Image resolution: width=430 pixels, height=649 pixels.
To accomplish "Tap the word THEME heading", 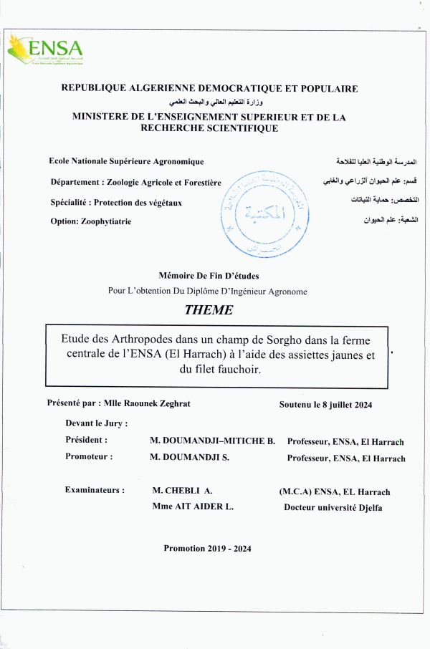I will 209,310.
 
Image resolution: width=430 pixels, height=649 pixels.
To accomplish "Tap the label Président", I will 87,440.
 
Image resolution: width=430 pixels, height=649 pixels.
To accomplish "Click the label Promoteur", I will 88,456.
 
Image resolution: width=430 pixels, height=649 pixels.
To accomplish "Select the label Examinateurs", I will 95,490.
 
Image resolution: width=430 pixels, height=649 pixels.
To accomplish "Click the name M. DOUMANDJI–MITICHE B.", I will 212,441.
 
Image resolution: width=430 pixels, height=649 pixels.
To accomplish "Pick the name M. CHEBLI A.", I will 183,491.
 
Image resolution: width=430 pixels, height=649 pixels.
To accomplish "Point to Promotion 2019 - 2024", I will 207,549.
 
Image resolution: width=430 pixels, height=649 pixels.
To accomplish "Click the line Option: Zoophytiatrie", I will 91,221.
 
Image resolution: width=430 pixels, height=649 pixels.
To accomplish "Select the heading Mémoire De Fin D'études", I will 208,276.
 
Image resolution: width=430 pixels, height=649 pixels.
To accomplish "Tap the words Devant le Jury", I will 96,423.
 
